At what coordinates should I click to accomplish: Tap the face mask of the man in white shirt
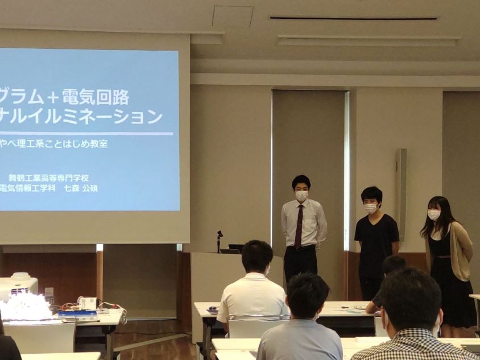(x=301, y=196)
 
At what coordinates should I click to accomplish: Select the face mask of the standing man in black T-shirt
(x=370, y=209)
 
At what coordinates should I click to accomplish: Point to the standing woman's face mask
(x=433, y=215)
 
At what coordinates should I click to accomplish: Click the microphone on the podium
(x=219, y=241)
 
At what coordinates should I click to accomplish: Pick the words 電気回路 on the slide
(x=96, y=98)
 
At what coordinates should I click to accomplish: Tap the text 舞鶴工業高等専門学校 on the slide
(x=49, y=178)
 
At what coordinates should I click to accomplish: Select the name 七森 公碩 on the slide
(x=81, y=188)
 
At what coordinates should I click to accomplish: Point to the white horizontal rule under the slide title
(x=86, y=134)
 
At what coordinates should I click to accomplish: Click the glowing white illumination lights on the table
(x=25, y=307)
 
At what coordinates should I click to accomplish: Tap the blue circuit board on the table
(x=77, y=313)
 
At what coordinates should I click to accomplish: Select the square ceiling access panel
(x=233, y=16)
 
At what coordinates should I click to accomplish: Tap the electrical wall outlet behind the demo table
(x=49, y=292)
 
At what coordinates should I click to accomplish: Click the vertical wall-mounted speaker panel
(x=401, y=195)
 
